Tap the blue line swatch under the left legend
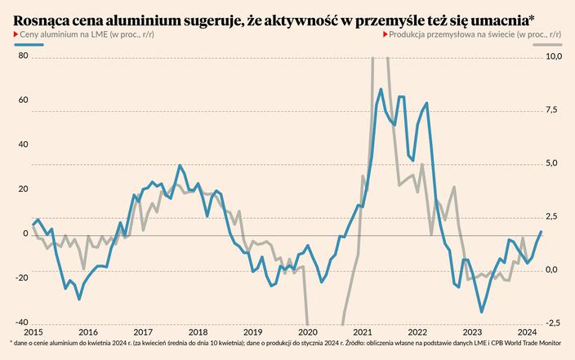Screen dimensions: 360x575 pos(26,46)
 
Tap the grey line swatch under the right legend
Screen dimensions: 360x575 pos(548,46)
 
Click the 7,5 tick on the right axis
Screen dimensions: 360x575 pos(553,109)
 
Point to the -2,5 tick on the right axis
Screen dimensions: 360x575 pos(552,322)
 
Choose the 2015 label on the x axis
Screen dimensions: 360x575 pos(33,332)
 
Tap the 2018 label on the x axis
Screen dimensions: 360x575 pos(198,332)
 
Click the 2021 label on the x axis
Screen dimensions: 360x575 pos(363,332)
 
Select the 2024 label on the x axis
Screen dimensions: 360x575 pos(527,332)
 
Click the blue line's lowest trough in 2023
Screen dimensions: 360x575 pos(482,313)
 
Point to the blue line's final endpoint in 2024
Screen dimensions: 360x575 pos(540,233)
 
